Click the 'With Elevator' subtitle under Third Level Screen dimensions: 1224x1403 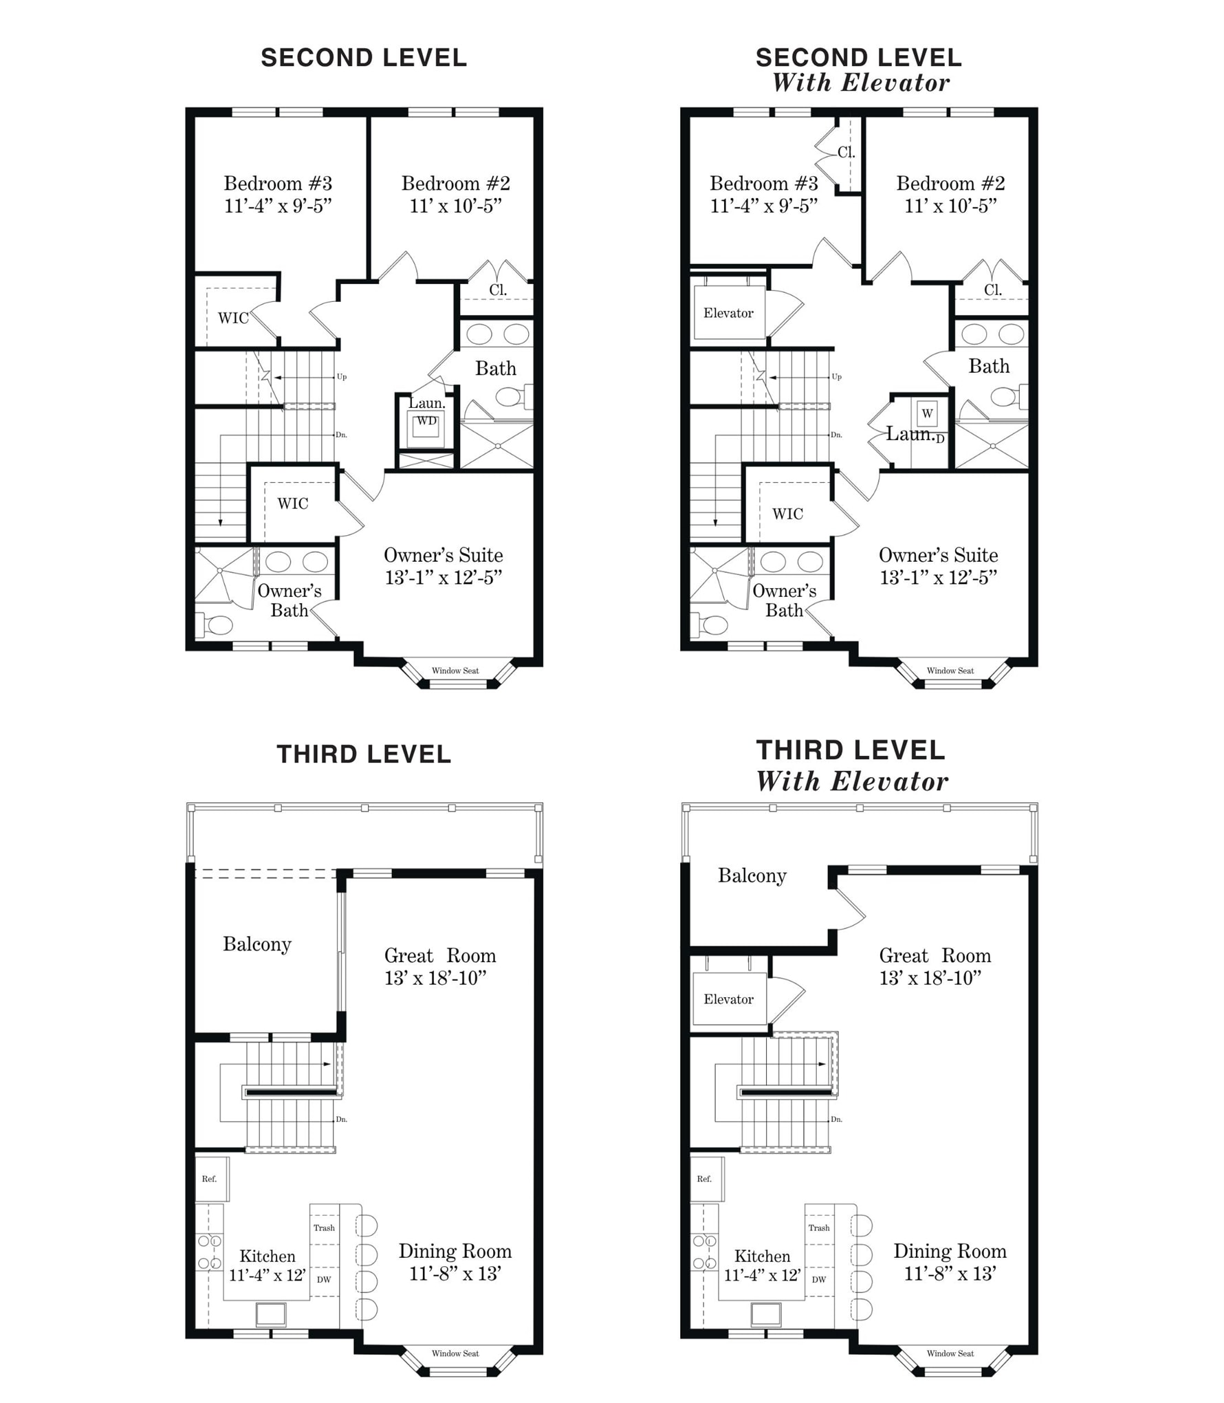(852, 781)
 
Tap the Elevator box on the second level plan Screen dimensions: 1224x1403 (729, 313)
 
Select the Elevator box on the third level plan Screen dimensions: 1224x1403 (729, 999)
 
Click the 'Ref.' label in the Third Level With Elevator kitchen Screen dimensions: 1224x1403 (704, 1179)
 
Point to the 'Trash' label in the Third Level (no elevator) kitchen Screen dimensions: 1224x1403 (324, 1228)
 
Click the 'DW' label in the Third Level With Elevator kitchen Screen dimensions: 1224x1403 (819, 1279)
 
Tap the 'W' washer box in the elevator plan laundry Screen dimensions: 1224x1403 (928, 413)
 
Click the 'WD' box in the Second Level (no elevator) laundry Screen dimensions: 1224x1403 (426, 422)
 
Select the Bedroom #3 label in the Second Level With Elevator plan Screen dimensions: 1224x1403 (764, 184)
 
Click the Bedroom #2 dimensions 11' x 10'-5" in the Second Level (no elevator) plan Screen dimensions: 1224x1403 (456, 206)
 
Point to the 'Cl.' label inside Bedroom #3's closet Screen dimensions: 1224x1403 (846, 152)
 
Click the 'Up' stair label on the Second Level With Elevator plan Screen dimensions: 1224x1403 (837, 377)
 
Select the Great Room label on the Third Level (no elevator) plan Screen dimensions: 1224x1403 (440, 956)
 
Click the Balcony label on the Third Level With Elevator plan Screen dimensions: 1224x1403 (752, 876)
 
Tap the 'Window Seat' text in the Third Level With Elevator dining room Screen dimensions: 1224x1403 (950, 1353)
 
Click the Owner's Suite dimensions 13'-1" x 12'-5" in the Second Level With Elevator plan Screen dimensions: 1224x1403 (939, 578)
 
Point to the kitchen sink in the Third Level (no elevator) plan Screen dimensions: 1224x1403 (271, 1314)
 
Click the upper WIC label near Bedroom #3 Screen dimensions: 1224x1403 (233, 318)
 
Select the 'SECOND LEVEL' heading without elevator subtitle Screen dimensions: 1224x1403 (364, 58)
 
